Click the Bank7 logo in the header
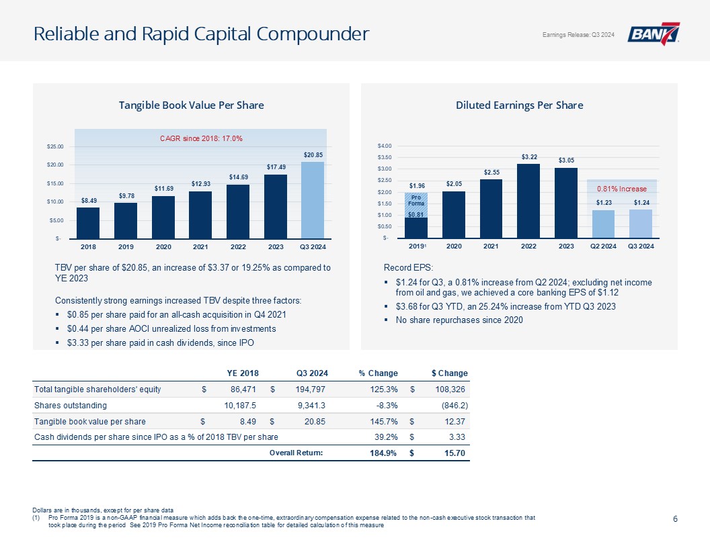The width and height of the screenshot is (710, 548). (654, 34)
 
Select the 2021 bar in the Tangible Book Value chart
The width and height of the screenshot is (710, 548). (200, 214)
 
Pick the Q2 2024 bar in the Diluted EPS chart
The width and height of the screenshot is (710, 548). (603, 224)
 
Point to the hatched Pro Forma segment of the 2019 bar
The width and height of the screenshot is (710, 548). (416, 204)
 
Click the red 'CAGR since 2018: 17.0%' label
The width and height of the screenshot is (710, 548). (200, 138)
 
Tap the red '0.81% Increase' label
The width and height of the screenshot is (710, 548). (621, 189)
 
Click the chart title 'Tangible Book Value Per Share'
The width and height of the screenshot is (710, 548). (191, 105)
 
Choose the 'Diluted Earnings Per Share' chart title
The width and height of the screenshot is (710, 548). (519, 105)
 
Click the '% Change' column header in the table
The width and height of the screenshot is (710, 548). (378, 373)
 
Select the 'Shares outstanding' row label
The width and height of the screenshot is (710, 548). (70, 406)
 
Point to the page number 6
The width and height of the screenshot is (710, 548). (674, 518)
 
